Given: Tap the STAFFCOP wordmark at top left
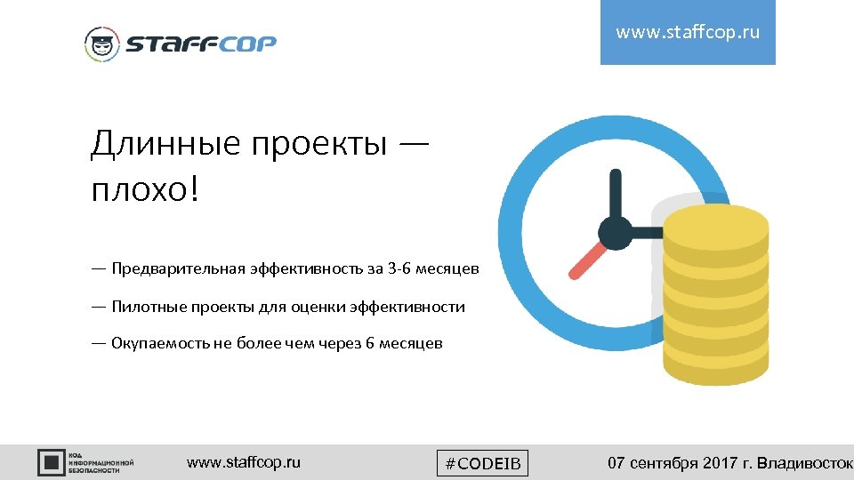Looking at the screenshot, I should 200,44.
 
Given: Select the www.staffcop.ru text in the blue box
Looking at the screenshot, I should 688,33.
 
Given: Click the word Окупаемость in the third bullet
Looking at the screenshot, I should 160,343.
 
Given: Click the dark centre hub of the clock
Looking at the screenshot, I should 615,233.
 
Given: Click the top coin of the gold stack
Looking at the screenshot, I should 715,221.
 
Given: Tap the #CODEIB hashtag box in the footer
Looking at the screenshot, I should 483,463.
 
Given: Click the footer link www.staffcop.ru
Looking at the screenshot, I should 244,462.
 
